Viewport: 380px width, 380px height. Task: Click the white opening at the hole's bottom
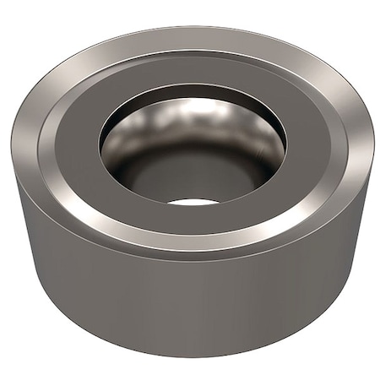click(193, 202)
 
